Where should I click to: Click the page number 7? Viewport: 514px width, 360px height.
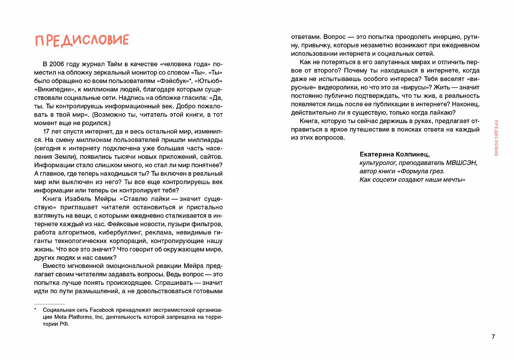click(493, 337)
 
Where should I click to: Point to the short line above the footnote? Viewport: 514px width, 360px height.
click(46, 303)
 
